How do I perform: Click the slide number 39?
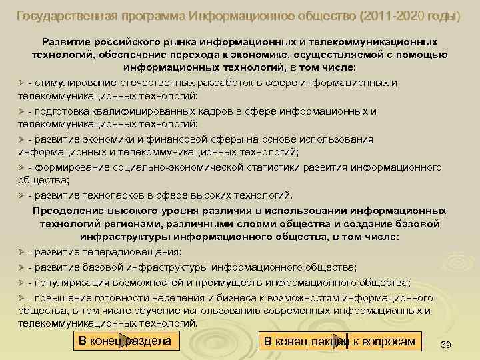pyautogui.click(x=446, y=345)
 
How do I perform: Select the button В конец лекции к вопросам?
pyautogui.click(x=339, y=341)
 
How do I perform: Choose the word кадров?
pyautogui.click(x=193, y=111)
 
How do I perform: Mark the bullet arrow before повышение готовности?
pyautogui.click(x=21, y=297)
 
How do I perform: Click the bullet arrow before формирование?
pyautogui.click(x=21, y=167)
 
